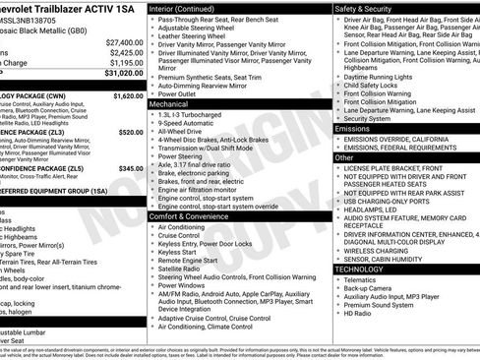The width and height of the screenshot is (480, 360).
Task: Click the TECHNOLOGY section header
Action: [359, 269]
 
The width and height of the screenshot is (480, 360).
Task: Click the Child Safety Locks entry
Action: [374, 86]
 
